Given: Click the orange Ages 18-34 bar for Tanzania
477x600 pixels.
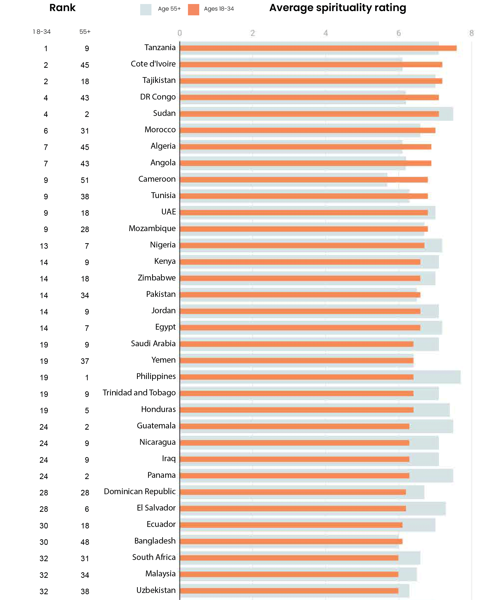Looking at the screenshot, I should [318, 48].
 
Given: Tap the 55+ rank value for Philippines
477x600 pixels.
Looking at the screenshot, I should [87, 378].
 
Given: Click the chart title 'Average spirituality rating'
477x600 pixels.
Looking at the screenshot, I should [337, 8].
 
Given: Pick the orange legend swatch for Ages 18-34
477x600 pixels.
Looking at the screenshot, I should [193, 10].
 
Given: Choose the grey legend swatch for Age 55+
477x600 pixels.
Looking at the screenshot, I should [146, 10].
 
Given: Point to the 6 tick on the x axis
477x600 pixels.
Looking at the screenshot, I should [399, 33].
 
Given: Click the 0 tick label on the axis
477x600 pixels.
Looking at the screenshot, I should [180, 33].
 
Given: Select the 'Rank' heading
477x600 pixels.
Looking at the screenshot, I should [62, 8].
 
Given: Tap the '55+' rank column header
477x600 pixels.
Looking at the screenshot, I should [85, 32].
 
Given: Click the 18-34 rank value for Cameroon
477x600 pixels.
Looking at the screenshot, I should [46, 180].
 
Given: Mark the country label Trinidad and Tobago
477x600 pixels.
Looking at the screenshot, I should [139, 393].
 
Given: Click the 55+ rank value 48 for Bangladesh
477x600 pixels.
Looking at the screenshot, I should [85, 542].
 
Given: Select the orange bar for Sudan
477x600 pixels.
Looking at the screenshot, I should [309, 114].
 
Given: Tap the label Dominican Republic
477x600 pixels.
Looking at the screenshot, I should [140, 491].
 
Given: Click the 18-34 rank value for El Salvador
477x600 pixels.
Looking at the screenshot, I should [44, 509].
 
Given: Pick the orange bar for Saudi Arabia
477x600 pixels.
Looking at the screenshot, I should [296, 344].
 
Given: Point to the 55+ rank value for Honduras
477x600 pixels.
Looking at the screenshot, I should [87, 410].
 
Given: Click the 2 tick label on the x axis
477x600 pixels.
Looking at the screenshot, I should [253, 33].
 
